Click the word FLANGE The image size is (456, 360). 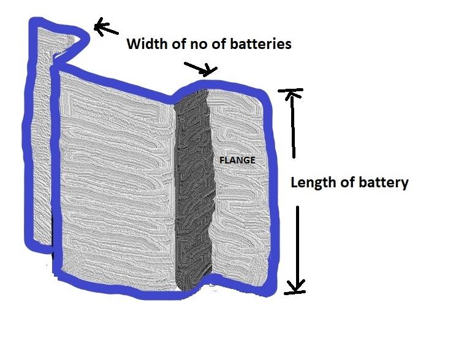pos(237,160)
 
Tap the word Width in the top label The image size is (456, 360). pos(146,44)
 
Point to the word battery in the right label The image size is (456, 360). pos(383,182)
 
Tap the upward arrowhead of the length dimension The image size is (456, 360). pos(293,94)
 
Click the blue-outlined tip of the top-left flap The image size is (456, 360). pos(84,38)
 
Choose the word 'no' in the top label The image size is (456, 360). pos(196,44)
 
